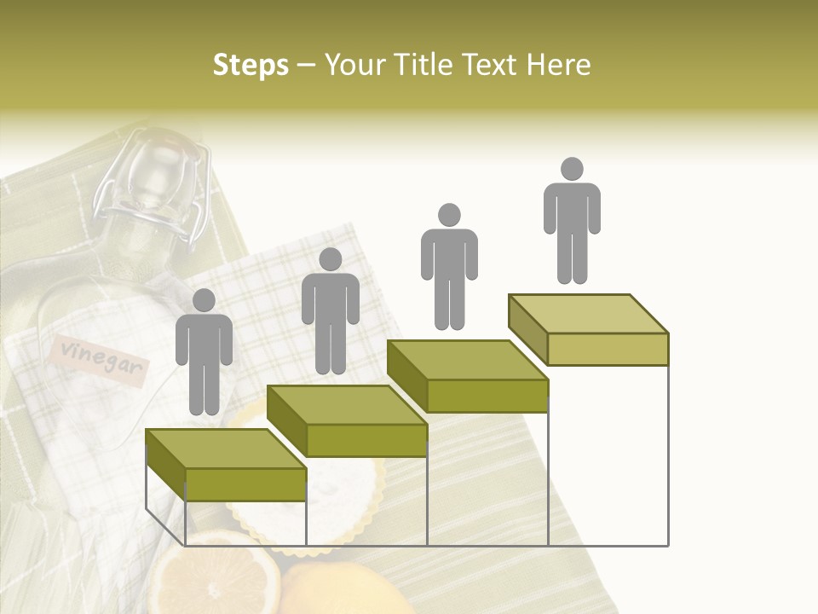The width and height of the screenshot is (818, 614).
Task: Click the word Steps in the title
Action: pos(251,65)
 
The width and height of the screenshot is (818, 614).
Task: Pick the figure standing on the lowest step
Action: pos(204,354)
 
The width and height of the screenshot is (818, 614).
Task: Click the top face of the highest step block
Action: pos(589,313)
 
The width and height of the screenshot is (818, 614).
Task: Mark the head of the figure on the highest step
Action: pos(572,169)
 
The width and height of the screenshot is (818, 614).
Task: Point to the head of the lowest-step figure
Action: pos(204,300)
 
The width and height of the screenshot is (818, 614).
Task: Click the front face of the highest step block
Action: pos(608,349)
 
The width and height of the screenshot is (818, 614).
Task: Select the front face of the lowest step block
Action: pos(245,484)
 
